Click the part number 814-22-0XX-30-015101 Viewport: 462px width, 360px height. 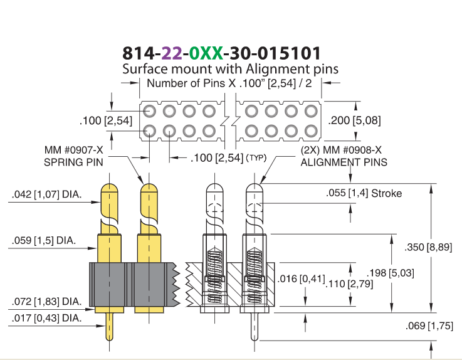pyautogui.click(x=221, y=53)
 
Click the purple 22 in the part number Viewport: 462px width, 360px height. pyautogui.click(x=172, y=53)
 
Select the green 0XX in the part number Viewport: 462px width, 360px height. pyautogui.click(x=206, y=53)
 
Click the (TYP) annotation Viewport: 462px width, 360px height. pyautogui.click(x=256, y=158)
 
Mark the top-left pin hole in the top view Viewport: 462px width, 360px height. pyautogui.click(x=149, y=112)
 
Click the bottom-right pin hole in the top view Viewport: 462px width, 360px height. pyautogui.click(x=310, y=131)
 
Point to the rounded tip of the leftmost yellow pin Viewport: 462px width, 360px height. pyautogui.click(x=109, y=187)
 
